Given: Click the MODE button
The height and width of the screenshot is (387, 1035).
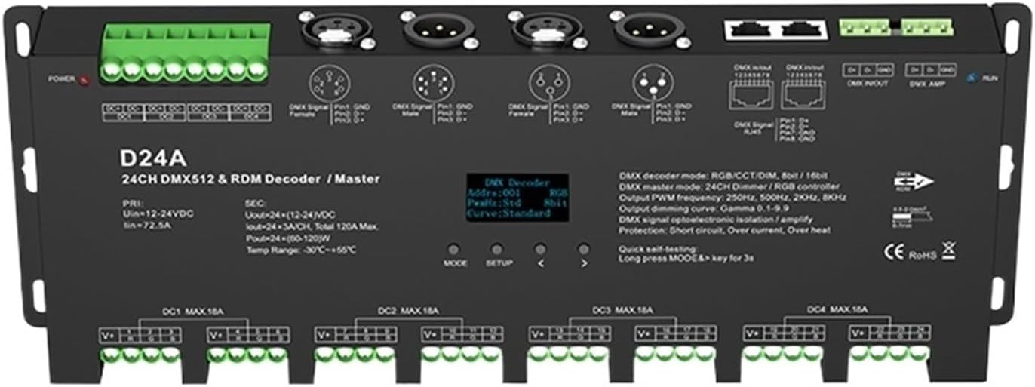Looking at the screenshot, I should pyautogui.click(x=453, y=249).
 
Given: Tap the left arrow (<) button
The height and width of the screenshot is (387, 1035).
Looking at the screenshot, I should pyautogui.click(x=540, y=249).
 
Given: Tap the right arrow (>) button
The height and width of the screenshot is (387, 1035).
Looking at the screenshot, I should pyautogui.click(x=583, y=249).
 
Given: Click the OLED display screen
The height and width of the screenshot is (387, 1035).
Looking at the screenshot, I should pyautogui.click(x=517, y=198).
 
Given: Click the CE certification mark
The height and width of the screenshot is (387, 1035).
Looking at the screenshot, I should pyautogui.click(x=892, y=253).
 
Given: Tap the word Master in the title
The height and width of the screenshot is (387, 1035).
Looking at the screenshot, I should pyautogui.click(x=357, y=179).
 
